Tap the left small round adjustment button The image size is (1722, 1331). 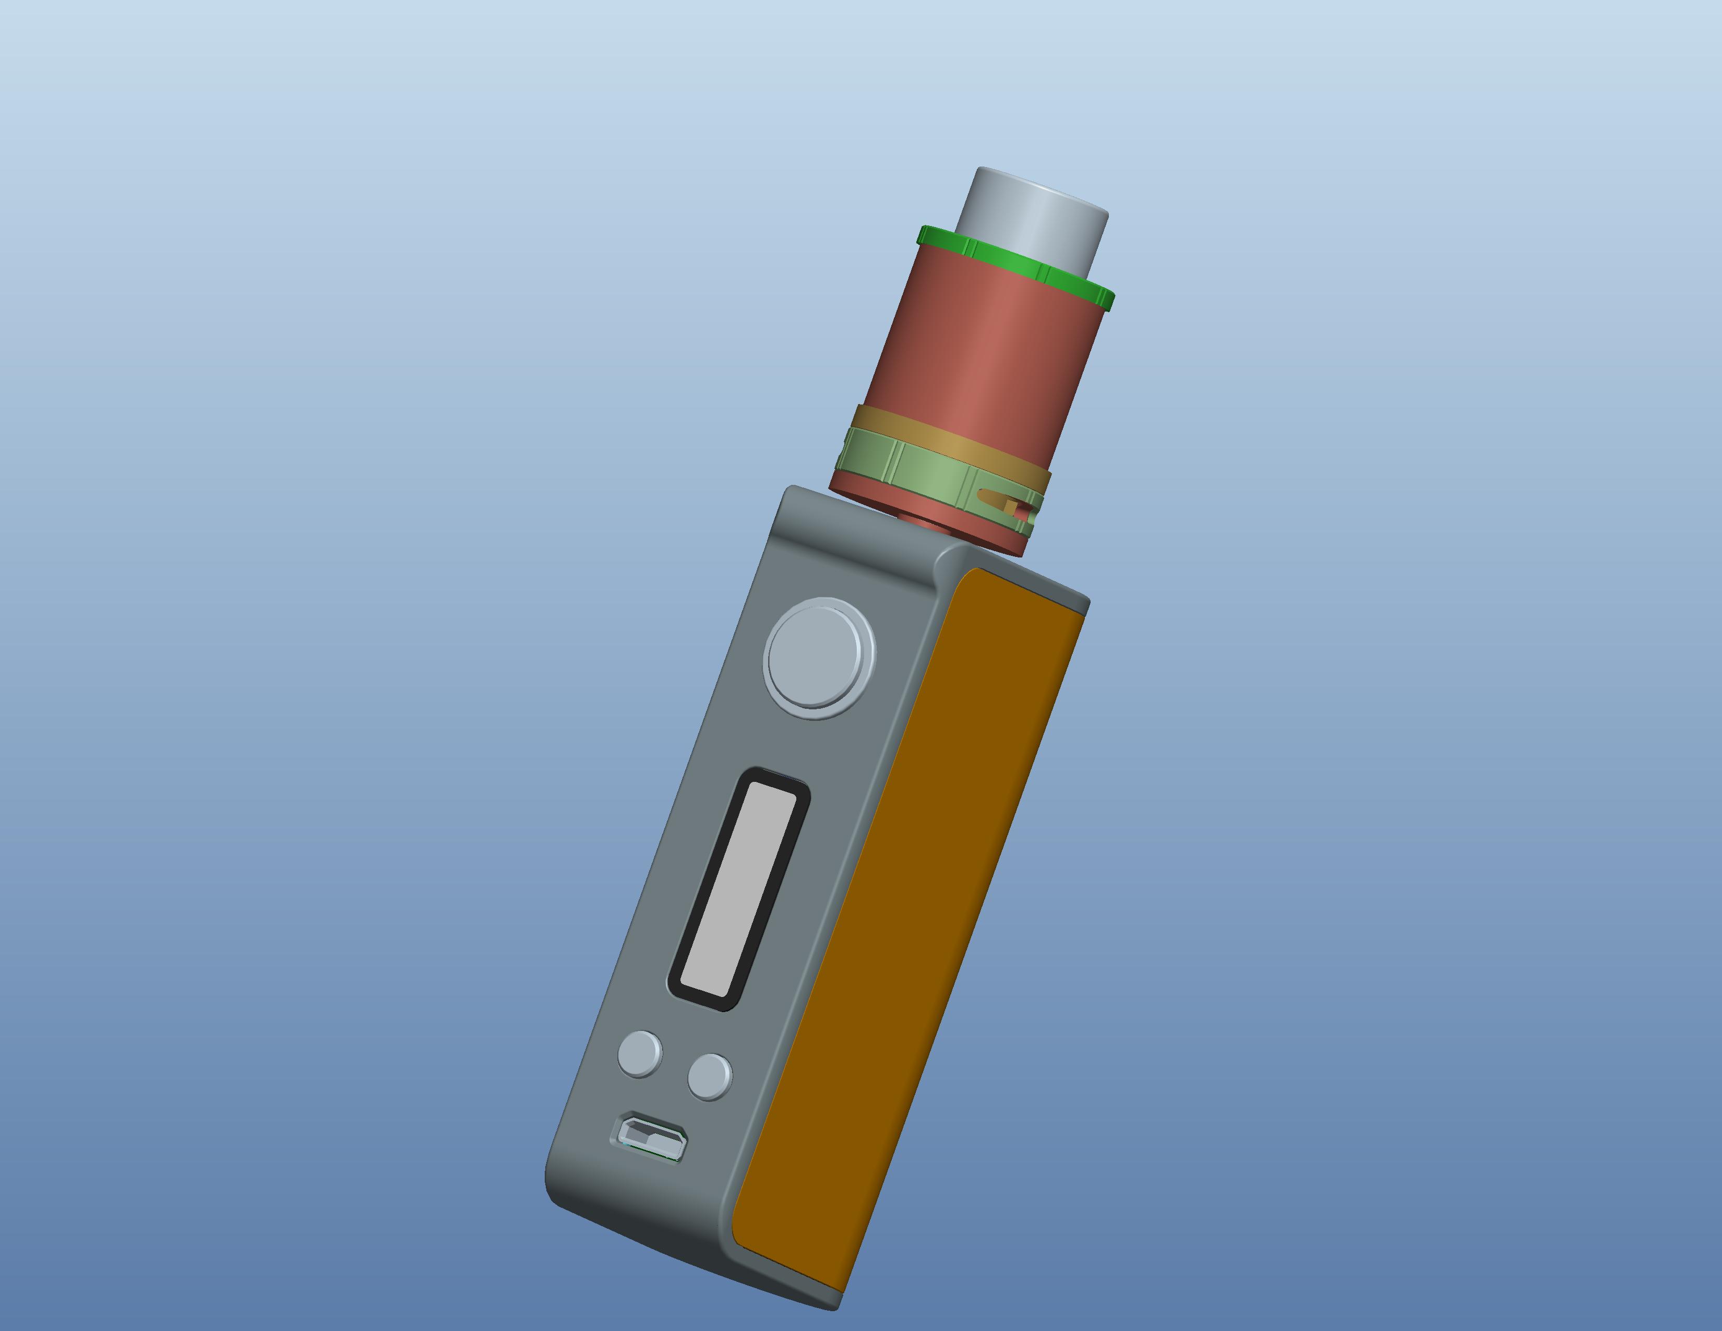639,1053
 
